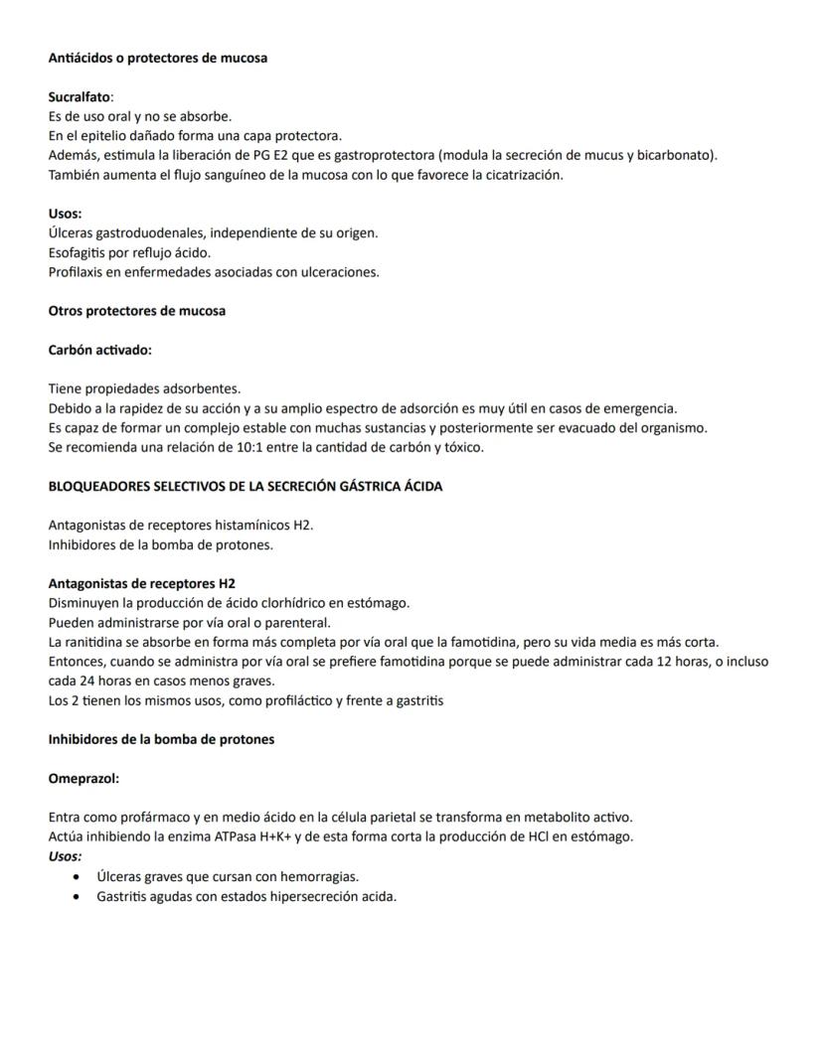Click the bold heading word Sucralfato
pos(80,96)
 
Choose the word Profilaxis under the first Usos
pos(78,272)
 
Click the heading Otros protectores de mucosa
pos(137,311)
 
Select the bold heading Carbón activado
pos(99,350)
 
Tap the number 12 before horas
pos(667,662)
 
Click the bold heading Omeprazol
pos(83,778)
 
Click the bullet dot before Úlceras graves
pos(79,876)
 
